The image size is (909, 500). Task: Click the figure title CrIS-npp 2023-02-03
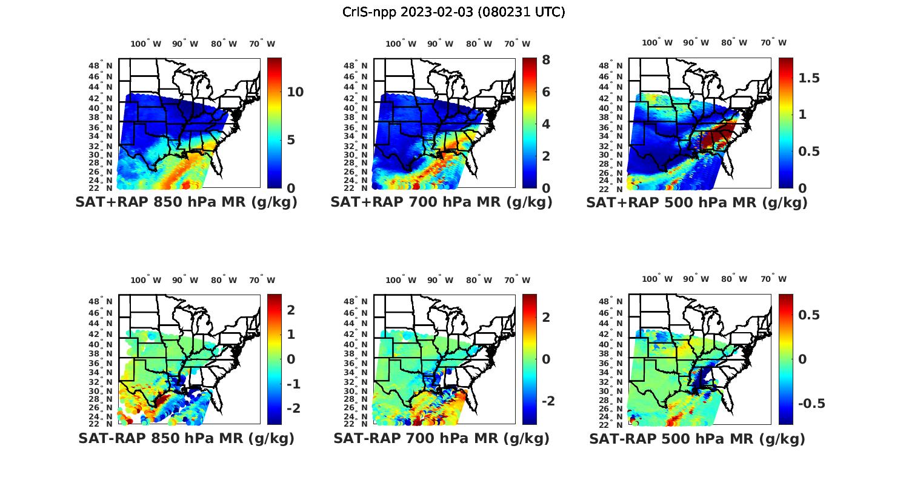point(453,12)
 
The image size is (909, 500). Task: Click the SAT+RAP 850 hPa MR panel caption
point(187,202)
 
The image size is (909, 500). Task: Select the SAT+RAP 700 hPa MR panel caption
point(441,202)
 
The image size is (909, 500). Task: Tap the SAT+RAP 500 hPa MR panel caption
point(697,203)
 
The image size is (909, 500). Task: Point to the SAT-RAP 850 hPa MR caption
point(187,438)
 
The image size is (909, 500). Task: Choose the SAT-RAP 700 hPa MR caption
point(441,438)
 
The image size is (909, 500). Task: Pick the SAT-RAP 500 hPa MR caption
point(697,439)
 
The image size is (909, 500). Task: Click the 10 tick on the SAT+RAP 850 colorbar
point(295,92)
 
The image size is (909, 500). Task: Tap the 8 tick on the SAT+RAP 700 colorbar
point(546,60)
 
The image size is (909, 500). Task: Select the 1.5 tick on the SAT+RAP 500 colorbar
point(809,78)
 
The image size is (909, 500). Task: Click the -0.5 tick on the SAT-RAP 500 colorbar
point(811,404)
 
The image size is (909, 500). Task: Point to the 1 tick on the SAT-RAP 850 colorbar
point(291,335)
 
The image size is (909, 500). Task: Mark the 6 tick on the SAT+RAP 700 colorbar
point(546,92)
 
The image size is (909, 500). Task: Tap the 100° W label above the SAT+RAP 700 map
point(401,44)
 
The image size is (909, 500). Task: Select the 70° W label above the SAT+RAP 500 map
point(773,42)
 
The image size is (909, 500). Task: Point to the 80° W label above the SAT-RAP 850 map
point(224,280)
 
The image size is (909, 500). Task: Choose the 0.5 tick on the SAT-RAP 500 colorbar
point(809,315)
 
